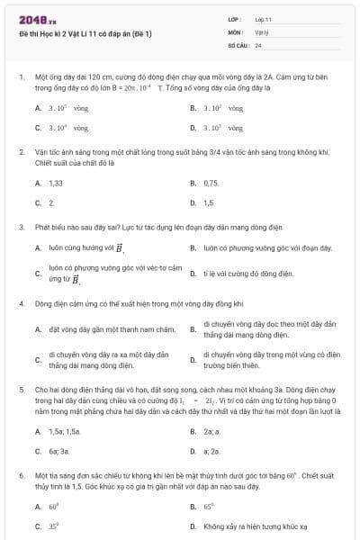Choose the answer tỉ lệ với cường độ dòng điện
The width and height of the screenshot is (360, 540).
[248, 272]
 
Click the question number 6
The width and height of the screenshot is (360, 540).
[21, 473]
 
